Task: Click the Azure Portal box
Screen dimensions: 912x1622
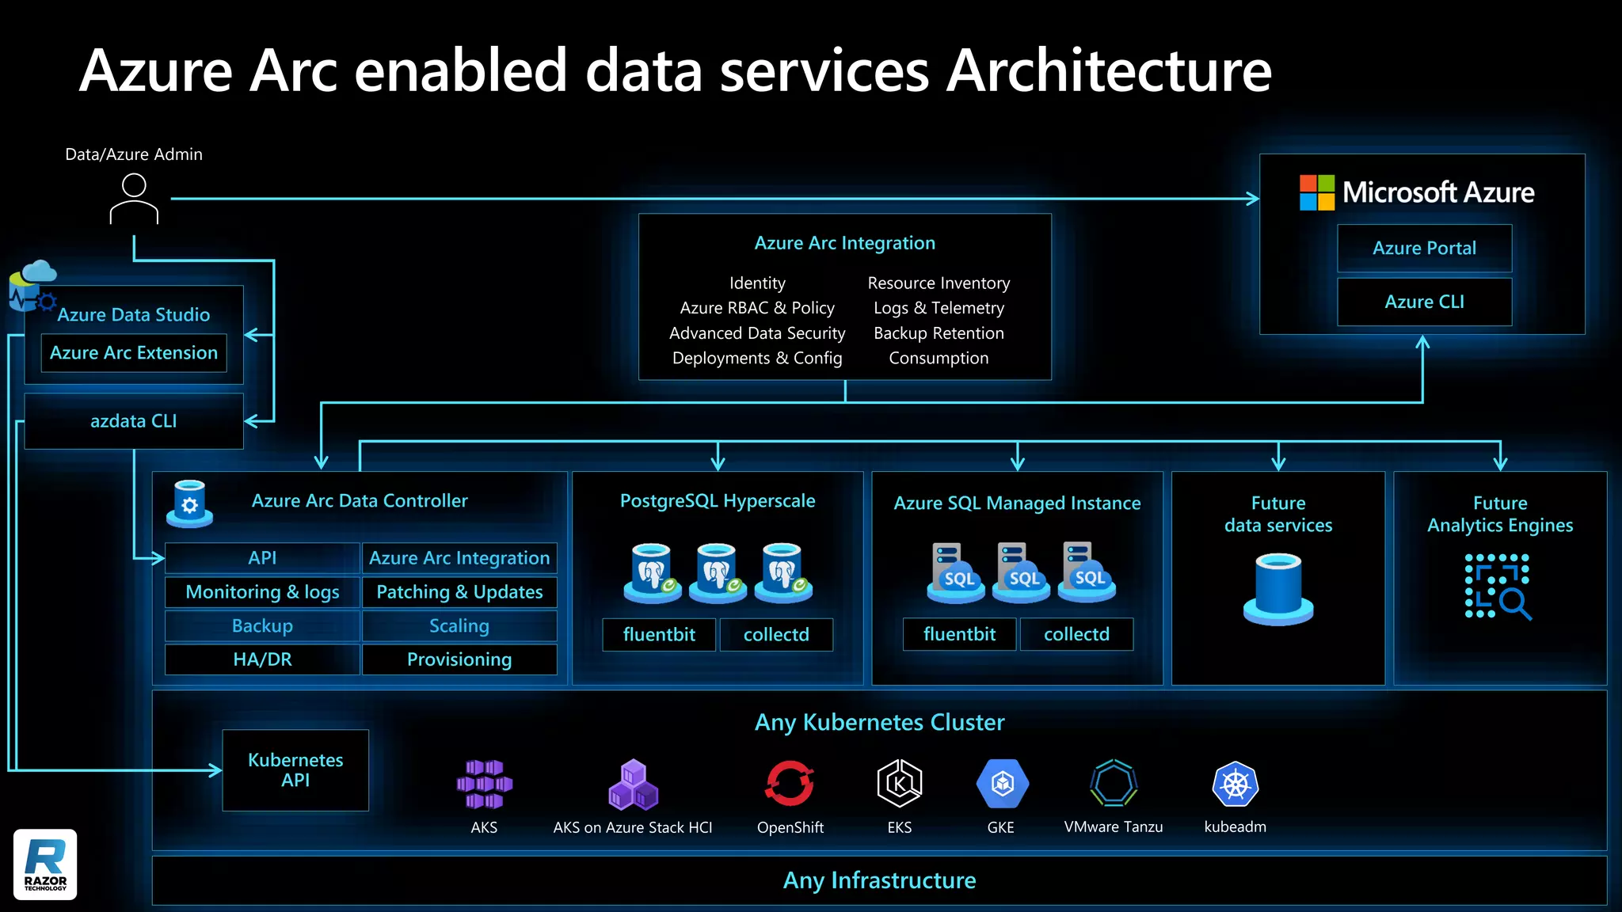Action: pyautogui.click(x=1424, y=249)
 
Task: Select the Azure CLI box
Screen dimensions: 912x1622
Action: pyautogui.click(x=1424, y=302)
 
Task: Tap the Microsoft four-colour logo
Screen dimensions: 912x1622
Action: pyautogui.click(x=1316, y=192)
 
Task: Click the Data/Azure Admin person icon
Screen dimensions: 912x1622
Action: pyautogui.click(x=134, y=199)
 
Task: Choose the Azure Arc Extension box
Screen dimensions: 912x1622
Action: pyautogui.click(x=134, y=353)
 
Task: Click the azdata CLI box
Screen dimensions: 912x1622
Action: pyautogui.click(x=134, y=421)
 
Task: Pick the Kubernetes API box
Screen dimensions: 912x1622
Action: pyautogui.click(x=295, y=770)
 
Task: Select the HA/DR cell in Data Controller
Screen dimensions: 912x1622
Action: pyautogui.click(x=262, y=659)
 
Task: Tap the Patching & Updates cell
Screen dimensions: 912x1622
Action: pyautogui.click(x=459, y=592)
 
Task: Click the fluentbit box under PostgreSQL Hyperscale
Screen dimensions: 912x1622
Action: pyautogui.click(x=659, y=635)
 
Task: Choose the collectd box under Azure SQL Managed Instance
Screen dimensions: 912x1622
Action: pyautogui.click(x=1076, y=634)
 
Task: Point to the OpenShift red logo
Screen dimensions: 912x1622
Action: pyautogui.click(x=790, y=783)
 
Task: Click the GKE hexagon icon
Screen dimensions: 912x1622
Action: pyautogui.click(x=1002, y=784)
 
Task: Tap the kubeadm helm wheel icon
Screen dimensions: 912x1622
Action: pyautogui.click(x=1235, y=784)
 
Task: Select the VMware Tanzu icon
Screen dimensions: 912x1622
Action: pyautogui.click(x=1114, y=783)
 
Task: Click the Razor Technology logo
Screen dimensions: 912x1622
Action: pyautogui.click(x=45, y=864)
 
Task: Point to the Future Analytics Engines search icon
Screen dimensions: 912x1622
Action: pyautogui.click(x=1498, y=587)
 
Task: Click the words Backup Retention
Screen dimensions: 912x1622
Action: pyautogui.click(x=939, y=333)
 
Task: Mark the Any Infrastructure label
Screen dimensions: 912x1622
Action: pyautogui.click(x=879, y=880)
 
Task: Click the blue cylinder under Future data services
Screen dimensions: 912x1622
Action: pyautogui.click(x=1278, y=589)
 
